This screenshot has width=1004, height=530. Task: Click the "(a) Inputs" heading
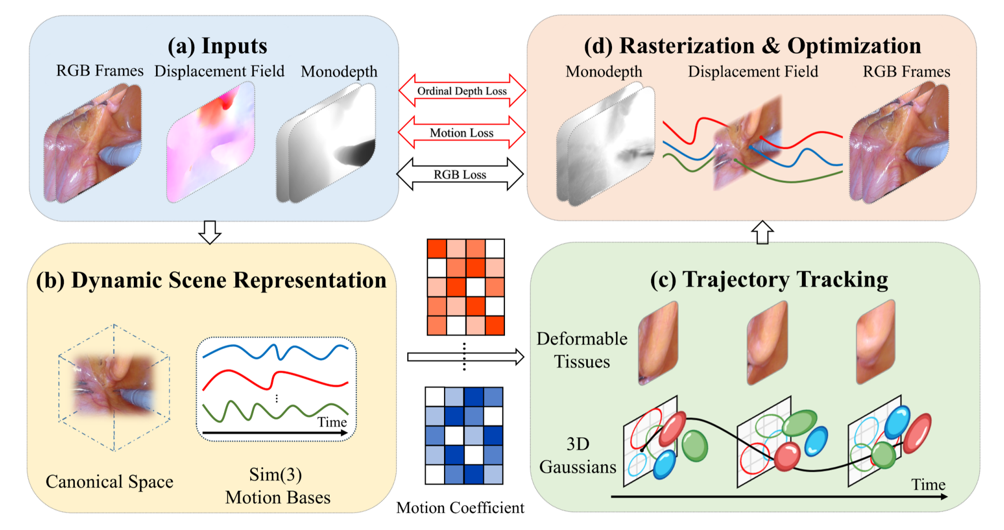(x=217, y=46)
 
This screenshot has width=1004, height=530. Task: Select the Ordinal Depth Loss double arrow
(x=462, y=91)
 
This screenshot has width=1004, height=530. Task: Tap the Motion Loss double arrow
(x=461, y=133)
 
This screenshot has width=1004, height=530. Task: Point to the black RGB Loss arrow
(x=460, y=174)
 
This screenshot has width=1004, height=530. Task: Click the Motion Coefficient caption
(x=460, y=508)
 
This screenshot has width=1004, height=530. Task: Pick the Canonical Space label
(x=110, y=481)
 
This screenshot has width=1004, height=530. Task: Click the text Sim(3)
(x=276, y=475)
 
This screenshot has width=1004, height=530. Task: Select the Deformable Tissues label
(x=582, y=350)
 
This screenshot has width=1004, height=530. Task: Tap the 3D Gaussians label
(x=578, y=455)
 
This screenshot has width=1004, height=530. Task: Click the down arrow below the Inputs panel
(x=210, y=232)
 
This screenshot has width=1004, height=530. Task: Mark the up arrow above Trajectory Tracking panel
(x=762, y=232)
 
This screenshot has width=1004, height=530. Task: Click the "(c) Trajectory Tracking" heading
(x=769, y=280)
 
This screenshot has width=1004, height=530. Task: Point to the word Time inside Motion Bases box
(x=332, y=422)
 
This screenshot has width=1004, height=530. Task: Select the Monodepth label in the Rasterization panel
(x=604, y=72)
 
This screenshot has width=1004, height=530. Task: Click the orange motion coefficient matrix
(x=466, y=287)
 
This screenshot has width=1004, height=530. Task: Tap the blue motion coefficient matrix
(x=464, y=435)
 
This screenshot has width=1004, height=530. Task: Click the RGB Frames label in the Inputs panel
(x=100, y=71)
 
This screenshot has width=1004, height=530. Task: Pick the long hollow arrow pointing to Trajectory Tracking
(x=465, y=357)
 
